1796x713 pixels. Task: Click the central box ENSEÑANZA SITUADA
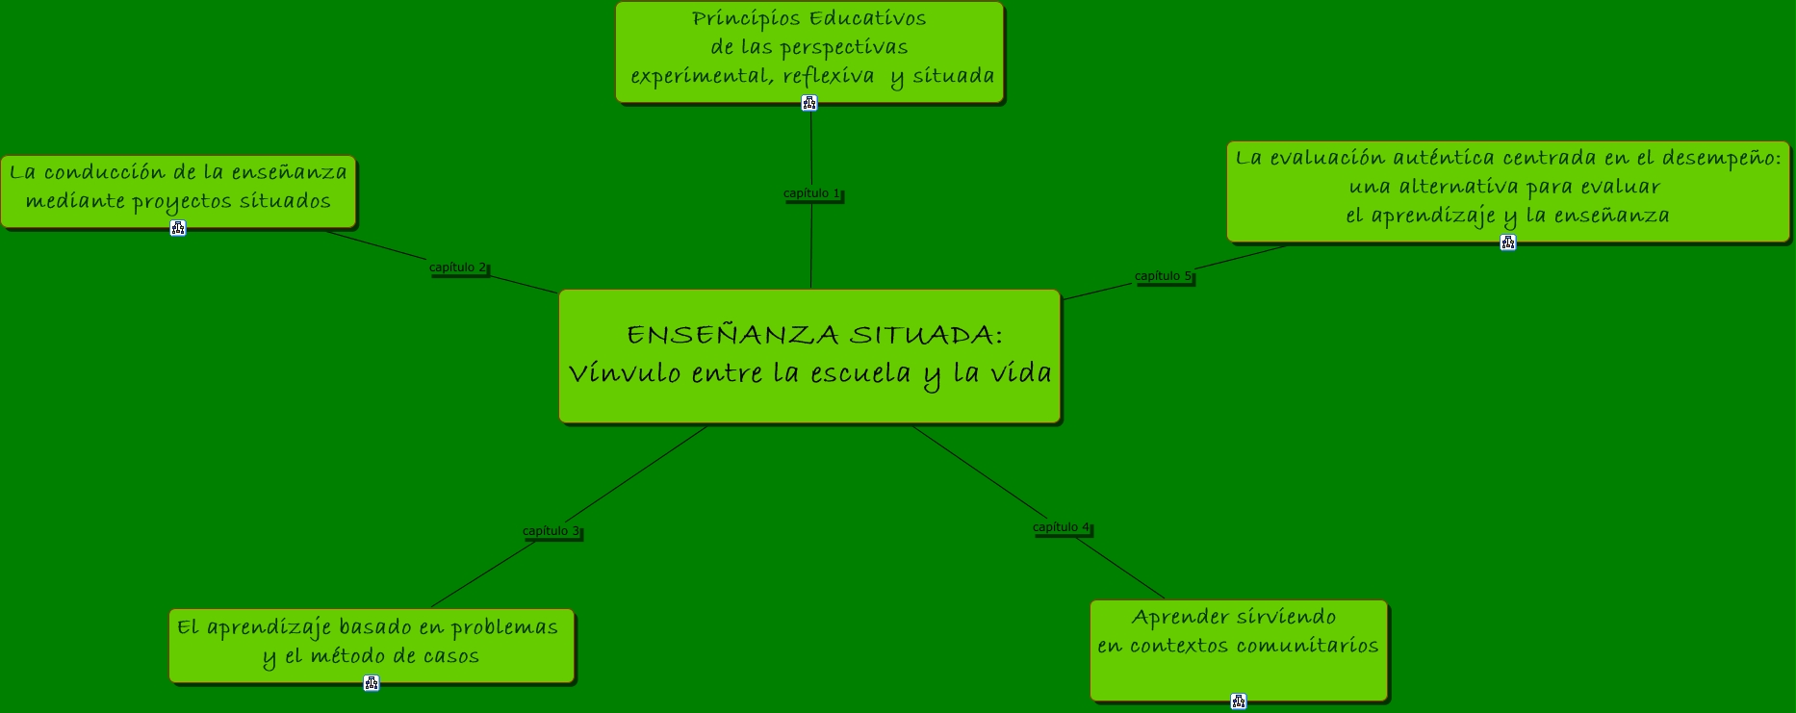(x=808, y=356)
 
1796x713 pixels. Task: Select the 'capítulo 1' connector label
(x=811, y=193)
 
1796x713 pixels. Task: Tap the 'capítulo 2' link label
(x=457, y=267)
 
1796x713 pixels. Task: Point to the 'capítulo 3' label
(x=551, y=531)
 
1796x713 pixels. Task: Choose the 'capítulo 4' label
(x=1061, y=527)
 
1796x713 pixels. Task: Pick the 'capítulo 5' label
(x=1163, y=276)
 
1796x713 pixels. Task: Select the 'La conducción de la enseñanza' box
(x=178, y=190)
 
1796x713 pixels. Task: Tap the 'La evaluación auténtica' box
(x=1507, y=190)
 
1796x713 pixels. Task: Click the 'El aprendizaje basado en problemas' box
(x=371, y=644)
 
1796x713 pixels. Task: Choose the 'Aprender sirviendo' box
(x=1238, y=649)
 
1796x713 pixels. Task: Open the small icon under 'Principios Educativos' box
(x=809, y=103)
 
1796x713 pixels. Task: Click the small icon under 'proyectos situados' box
(x=178, y=228)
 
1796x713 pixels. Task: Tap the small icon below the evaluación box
(x=1508, y=242)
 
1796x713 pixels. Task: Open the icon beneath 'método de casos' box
(x=372, y=683)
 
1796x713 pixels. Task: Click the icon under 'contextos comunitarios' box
(x=1239, y=701)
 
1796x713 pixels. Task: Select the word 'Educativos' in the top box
(x=867, y=19)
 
